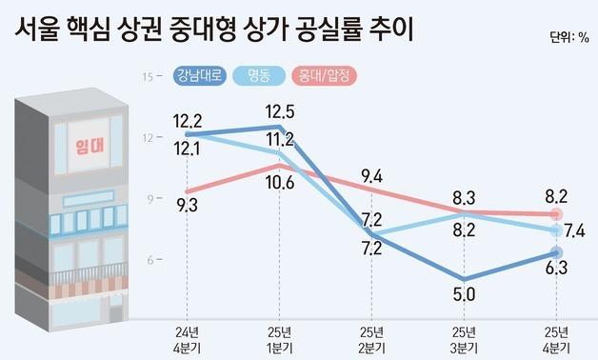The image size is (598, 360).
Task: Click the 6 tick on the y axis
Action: click(149, 259)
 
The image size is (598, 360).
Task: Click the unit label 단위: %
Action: click(569, 39)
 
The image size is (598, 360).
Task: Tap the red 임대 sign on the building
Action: click(89, 145)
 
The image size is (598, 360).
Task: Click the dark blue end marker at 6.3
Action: click(557, 253)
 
